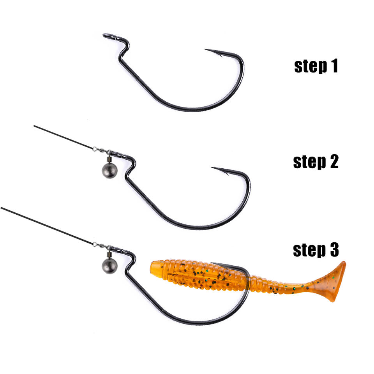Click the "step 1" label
pos(316,66)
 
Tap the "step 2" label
pos(316,162)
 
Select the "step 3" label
pos(316,250)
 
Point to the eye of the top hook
pos(106,36)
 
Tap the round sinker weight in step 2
pos(109,170)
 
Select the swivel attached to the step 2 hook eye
pos(102,150)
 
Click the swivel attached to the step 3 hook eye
pos(102,246)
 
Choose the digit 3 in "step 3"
pos(334,250)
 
